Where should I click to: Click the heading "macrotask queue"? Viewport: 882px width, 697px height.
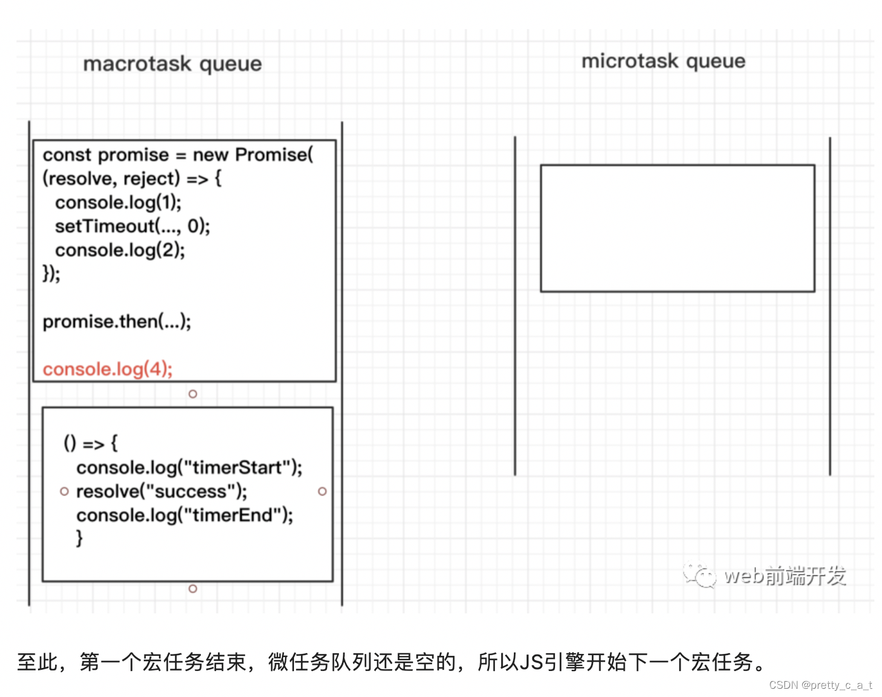[172, 64]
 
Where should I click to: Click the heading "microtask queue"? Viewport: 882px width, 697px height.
[663, 61]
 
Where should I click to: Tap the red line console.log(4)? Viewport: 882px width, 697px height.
[108, 369]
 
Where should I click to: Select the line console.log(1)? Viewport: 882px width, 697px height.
[118, 202]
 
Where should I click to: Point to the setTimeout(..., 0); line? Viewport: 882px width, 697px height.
[132, 226]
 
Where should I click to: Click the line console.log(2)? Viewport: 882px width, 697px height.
[120, 250]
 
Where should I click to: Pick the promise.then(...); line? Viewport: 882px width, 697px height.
[117, 321]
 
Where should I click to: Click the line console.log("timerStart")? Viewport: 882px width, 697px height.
[189, 468]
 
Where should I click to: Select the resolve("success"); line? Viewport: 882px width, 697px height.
[162, 491]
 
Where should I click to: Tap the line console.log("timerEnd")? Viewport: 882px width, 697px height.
[184, 515]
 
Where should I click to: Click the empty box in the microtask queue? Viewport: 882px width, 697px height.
[677, 228]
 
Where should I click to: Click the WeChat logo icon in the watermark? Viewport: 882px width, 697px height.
[699, 575]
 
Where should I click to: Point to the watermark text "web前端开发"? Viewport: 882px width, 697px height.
[785, 575]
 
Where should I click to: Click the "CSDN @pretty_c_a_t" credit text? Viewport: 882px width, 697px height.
[821, 685]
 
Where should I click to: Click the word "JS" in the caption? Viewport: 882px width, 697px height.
[531, 662]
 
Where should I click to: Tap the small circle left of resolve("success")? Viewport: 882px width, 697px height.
[64, 492]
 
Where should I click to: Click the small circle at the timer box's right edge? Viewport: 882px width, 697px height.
[323, 492]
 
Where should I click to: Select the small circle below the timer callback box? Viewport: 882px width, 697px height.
[193, 589]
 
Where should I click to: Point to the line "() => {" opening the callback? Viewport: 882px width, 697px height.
[91, 444]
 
